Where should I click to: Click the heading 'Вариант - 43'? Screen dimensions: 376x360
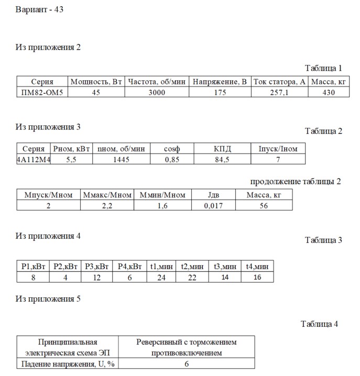[40, 10]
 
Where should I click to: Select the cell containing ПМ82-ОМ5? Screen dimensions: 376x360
[42, 92]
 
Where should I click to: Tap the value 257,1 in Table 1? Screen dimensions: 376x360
[279, 92]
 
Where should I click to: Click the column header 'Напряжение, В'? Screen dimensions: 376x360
[220, 82]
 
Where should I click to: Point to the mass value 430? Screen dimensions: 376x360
[328, 92]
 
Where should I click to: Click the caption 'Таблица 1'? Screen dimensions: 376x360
[323, 68]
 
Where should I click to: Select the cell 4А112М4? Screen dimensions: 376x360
[33, 159]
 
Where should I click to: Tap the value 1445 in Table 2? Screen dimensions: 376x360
[121, 159]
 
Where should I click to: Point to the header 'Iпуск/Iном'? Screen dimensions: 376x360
[278, 149]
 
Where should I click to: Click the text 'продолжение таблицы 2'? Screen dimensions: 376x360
[296, 181]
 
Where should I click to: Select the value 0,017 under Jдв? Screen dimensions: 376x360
[213, 206]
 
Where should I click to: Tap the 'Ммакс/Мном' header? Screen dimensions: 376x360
[107, 195]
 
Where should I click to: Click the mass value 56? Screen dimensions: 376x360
[264, 206]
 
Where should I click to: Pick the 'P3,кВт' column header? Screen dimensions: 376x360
[97, 266]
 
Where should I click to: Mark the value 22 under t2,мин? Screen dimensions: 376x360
[191, 277]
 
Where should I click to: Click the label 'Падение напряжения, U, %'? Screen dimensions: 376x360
[68, 364]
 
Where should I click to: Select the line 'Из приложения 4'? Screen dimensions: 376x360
[48, 236]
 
